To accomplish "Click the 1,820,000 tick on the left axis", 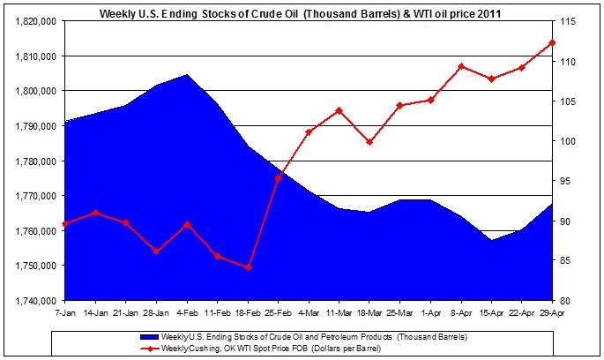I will coord(30,21).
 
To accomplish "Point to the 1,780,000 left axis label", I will coord(30,161).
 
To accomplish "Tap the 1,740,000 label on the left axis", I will coord(30,300).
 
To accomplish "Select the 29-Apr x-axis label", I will coord(552,313).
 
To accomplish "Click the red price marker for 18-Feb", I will coord(249,267).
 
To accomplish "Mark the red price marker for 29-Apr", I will coord(552,42).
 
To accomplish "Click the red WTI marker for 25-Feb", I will coord(279,178).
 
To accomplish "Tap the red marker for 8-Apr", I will coord(461,66).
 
